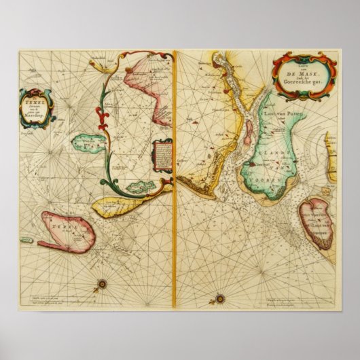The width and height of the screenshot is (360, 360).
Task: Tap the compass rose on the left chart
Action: pos(103,283)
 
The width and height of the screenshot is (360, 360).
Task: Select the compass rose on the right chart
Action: pos(219,298)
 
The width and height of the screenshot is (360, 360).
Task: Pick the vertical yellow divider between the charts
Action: pos(175,177)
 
